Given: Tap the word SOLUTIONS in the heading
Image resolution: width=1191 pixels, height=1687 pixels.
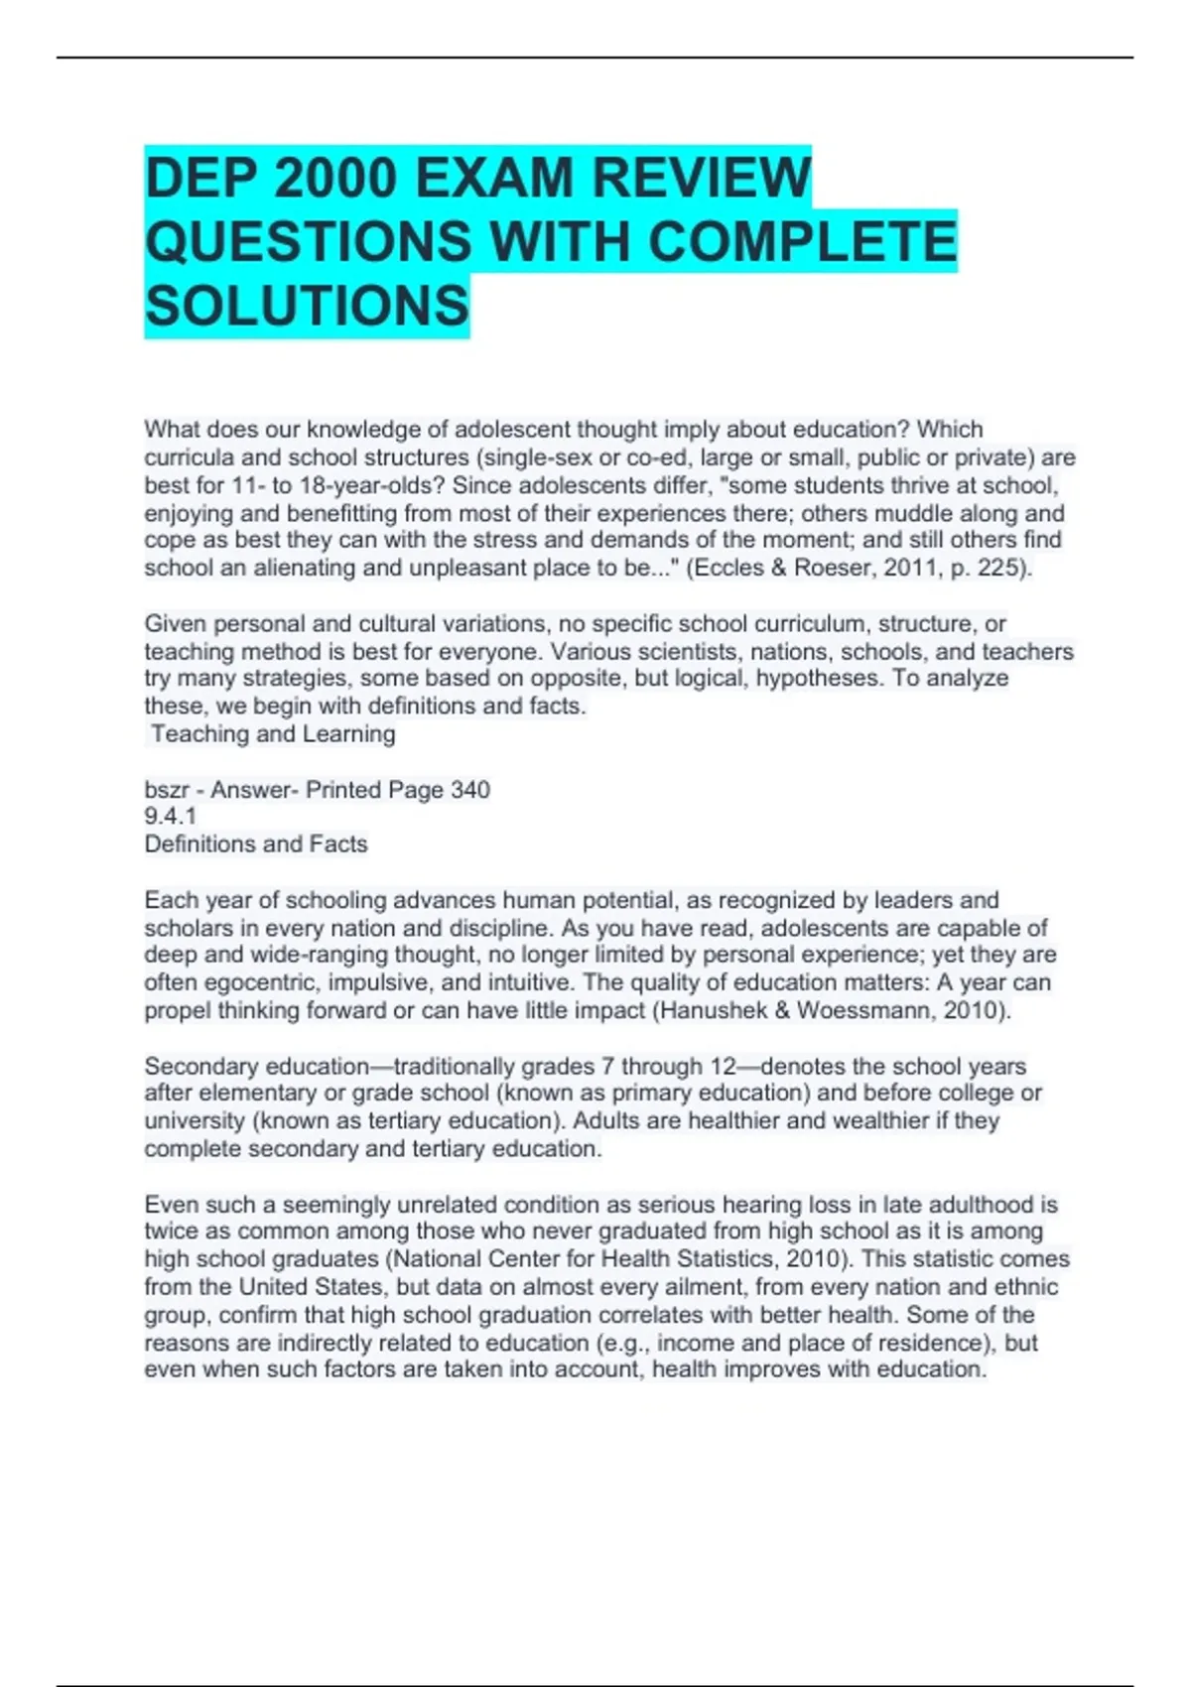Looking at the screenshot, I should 307,306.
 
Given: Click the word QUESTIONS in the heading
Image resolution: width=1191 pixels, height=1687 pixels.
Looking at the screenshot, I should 309,242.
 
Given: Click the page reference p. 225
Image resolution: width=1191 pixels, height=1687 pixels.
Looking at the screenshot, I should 992,568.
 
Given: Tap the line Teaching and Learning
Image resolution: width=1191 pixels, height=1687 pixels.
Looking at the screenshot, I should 273,734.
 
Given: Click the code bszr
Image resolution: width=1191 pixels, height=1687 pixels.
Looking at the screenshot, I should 168,790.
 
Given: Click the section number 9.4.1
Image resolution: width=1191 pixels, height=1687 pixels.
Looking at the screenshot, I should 171,817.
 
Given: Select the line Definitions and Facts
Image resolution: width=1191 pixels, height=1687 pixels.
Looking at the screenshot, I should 256,844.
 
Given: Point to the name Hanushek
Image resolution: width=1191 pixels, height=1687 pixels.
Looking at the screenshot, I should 715,1011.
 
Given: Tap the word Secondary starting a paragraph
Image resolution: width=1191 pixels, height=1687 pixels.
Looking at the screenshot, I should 201,1067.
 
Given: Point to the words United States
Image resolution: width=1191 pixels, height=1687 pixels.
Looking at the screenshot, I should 322,1287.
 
